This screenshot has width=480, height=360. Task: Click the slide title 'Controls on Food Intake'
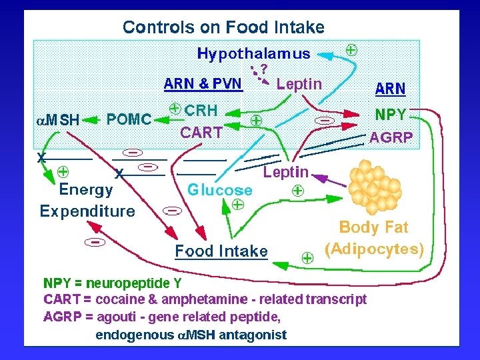coord(223,27)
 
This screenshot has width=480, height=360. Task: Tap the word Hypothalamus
coord(253,53)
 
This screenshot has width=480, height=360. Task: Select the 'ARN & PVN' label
coord(203,84)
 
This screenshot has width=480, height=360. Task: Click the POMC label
coord(129,120)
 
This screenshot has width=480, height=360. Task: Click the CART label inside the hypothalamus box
coord(201,132)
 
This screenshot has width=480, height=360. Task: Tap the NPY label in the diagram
coord(391,114)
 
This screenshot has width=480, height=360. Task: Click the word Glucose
coord(219,189)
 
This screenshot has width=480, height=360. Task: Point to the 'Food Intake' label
coord(221,251)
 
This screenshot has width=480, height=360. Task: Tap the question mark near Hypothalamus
coord(264,68)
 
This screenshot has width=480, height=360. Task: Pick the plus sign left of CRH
coord(174,108)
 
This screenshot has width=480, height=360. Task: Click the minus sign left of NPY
coord(325,120)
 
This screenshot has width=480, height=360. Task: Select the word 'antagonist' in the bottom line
coord(253,334)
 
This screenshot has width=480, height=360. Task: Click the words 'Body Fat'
coord(373,227)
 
